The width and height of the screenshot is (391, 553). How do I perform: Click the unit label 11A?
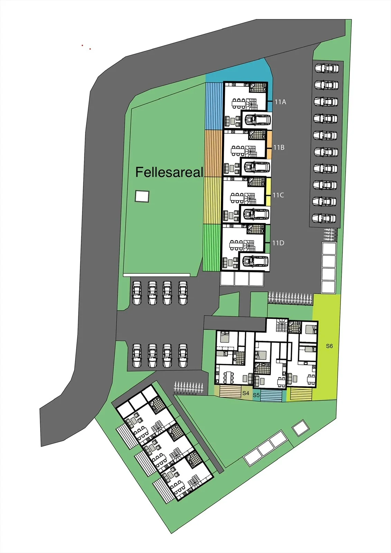280,102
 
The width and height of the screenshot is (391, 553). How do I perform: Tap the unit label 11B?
279,147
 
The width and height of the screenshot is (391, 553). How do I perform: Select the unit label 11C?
278,195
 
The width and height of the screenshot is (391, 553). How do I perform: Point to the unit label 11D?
278,243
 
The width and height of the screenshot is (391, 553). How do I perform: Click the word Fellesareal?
169,172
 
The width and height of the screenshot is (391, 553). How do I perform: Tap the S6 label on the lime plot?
329,346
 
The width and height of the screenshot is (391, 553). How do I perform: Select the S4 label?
246,393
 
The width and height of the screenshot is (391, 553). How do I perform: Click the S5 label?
256,395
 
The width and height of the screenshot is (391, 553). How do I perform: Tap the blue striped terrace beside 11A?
214,106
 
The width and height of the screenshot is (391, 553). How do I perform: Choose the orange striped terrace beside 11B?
214,153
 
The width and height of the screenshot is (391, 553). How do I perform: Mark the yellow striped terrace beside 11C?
213,200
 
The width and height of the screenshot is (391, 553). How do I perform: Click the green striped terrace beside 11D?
212,248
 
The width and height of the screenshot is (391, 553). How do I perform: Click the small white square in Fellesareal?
142,196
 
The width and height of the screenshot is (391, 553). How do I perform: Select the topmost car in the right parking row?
327,68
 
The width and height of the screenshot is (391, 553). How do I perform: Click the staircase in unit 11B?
251,150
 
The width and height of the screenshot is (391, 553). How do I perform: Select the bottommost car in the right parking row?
324,218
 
